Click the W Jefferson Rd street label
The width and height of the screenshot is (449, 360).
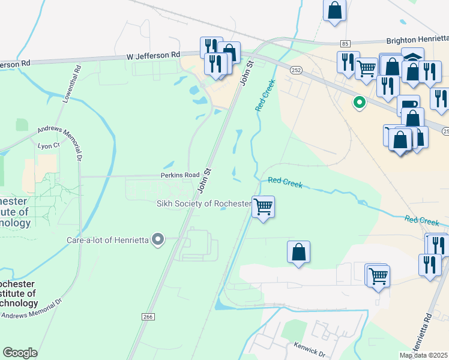pyautogui.click(x=153, y=55)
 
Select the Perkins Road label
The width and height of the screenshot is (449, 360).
pyautogui.click(x=179, y=175)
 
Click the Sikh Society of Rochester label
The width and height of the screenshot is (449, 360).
pyautogui.click(x=204, y=204)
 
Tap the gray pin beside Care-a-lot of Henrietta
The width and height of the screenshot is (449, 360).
pyautogui.click(x=158, y=240)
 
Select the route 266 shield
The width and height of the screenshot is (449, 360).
pyautogui.click(x=148, y=316)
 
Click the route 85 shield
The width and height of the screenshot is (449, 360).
pyautogui.click(x=344, y=44)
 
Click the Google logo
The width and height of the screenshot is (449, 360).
pyautogui.click(x=20, y=353)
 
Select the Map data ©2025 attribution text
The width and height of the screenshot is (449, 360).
pyautogui.click(x=423, y=355)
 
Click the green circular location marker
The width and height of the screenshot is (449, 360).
pyautogui.click(x=360, y=103)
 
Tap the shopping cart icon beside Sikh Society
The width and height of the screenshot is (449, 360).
pyautogui.click(x=263, y=206)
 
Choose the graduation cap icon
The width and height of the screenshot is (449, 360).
pyautogui.click(x=412, y=56)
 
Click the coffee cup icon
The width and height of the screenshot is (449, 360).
pyautogui.click(x=408, y=104)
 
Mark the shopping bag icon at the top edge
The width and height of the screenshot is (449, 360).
pyautogui.click(x=335, y=10)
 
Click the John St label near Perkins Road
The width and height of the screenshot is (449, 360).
pyautogui.click(x=206, y=181)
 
